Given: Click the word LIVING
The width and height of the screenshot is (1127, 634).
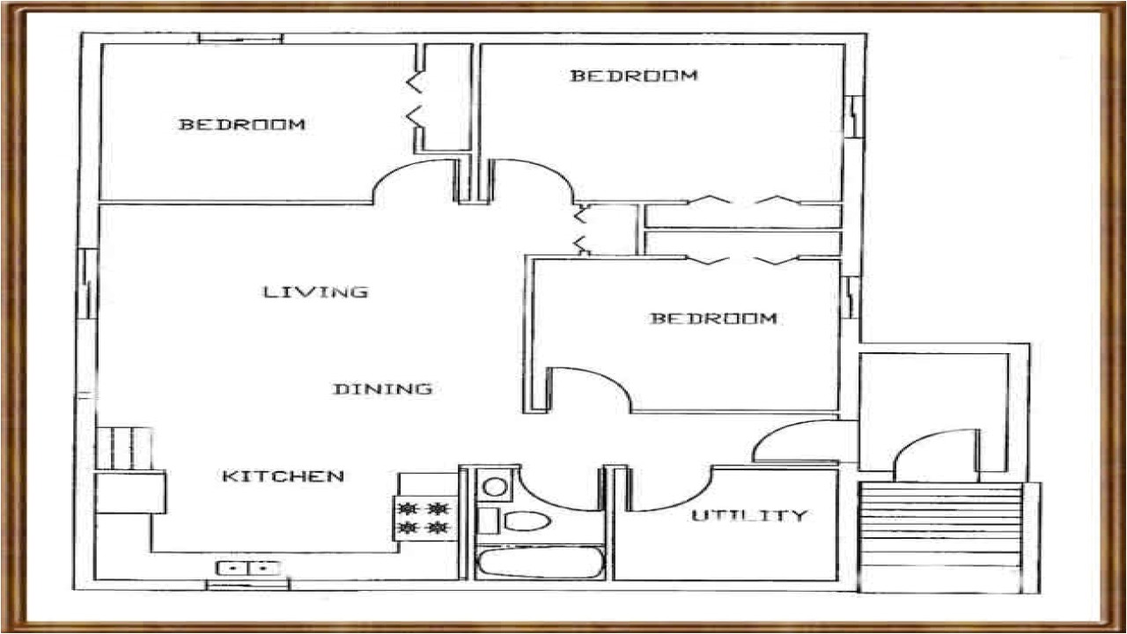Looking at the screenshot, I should [x=315, y=291].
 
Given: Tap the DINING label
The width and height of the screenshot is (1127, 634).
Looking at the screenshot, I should [x=382, y=388].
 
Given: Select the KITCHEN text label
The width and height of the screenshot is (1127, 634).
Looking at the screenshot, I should [x=282, y=476].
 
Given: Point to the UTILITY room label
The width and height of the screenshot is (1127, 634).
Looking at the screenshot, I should [x=748, y=515].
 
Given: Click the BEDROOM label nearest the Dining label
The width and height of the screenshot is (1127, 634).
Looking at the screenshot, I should [x=713, y=318].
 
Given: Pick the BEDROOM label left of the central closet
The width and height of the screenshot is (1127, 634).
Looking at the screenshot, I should [x=242, y=124].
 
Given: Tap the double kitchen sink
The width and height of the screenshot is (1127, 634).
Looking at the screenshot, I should [x=248, y=569].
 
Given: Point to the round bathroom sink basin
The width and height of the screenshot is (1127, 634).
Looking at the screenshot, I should [x=496, y=486].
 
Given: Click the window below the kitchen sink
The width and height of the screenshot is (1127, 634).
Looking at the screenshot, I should [x=247, y=585].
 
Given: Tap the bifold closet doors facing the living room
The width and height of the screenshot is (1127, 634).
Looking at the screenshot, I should [x=581, y=229].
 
